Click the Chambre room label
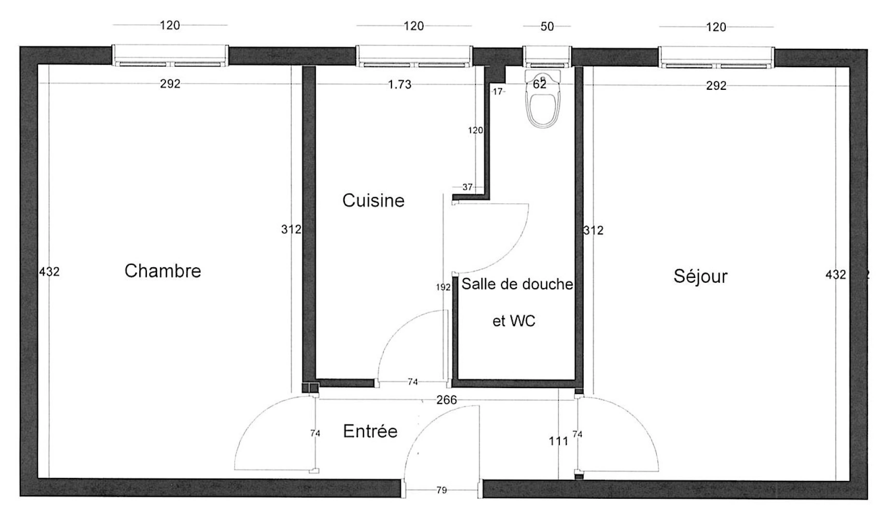[162, 271]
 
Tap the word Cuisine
[373, 200]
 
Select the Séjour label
[700, 276]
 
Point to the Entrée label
[370, 431]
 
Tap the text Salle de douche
[517, 284]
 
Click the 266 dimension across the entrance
[446, 400]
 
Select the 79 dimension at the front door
[441, 490]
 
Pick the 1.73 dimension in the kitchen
[400, 85]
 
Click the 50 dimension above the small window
[547, 27]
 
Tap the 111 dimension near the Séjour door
[558, 441]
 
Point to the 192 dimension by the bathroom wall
[443, 287]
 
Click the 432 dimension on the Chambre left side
[49, 272]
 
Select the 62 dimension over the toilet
[539, 84]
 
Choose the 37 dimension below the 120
[467, 187]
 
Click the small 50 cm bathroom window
[547, 56]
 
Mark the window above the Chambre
[170, 56]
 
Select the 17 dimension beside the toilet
[497, 91]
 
